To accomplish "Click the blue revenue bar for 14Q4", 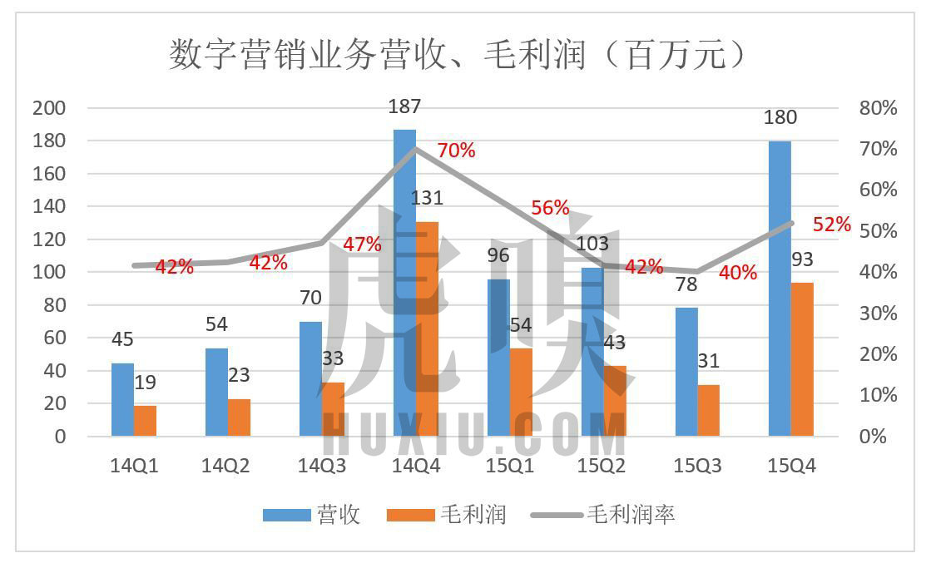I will click(404, 283).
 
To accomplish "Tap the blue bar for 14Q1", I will click(122, 399).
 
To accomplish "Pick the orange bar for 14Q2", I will click(239, 417).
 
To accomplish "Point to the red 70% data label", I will click(456, 151).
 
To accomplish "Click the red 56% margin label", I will click(550, 208).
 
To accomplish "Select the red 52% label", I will click(832, 225).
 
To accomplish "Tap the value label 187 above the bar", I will click(404, 106).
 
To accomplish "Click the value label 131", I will click(427, 198).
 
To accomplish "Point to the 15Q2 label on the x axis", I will click(602, 466).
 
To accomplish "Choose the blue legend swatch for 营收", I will click(285, 516).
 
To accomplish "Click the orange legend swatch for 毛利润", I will click(410, 516).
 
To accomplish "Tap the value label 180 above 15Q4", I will click(780, 118).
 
